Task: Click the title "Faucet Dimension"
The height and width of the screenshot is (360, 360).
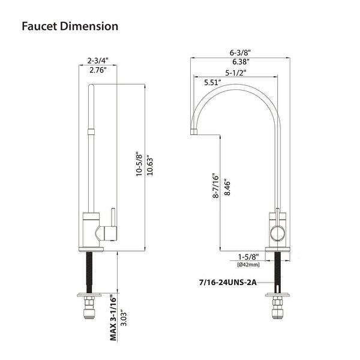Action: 70,27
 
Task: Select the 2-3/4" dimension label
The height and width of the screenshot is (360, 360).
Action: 98,61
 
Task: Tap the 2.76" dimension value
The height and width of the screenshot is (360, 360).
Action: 97,71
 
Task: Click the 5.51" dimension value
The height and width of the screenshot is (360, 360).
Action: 212,82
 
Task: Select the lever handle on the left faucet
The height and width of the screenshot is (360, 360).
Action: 110,218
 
